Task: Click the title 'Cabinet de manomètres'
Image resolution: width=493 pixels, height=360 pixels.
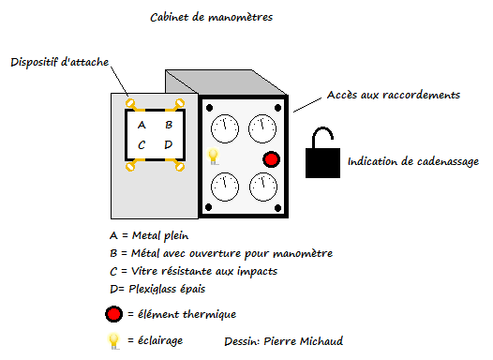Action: click(211, 17)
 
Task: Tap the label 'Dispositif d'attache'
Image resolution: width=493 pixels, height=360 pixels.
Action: click(60, 62)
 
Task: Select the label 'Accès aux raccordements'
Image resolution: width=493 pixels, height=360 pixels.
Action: click(394, 95)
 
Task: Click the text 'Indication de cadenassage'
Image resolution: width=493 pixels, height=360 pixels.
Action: click(413, 161)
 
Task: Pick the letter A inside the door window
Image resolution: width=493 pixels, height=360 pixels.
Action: click(142, 125)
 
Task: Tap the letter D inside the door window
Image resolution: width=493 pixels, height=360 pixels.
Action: click(169, 144)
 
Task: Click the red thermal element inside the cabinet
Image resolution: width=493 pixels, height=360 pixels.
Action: click(271, 159)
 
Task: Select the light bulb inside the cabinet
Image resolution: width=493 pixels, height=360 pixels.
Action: click(213, 156)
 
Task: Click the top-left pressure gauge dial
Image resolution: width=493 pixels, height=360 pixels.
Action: click(225, 128)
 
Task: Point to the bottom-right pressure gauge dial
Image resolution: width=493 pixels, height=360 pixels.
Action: click(263, 187)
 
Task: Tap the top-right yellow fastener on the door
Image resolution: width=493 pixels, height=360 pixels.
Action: click(180, 103)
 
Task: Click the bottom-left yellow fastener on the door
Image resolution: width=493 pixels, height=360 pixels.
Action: click(130, 166)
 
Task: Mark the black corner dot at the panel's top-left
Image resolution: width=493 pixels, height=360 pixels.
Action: click(209, 108)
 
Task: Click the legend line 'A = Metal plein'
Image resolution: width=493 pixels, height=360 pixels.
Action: click(149, 235)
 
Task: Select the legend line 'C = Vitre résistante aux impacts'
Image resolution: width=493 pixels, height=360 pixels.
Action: click(193, 271)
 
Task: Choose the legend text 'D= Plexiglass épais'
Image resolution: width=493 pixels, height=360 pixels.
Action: click(157, 289)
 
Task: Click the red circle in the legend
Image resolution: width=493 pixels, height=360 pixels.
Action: click(113, 314)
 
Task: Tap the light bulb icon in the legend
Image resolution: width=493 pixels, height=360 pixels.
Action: click(113, 341)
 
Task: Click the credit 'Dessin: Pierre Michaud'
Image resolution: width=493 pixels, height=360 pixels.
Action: click(284, 341)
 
